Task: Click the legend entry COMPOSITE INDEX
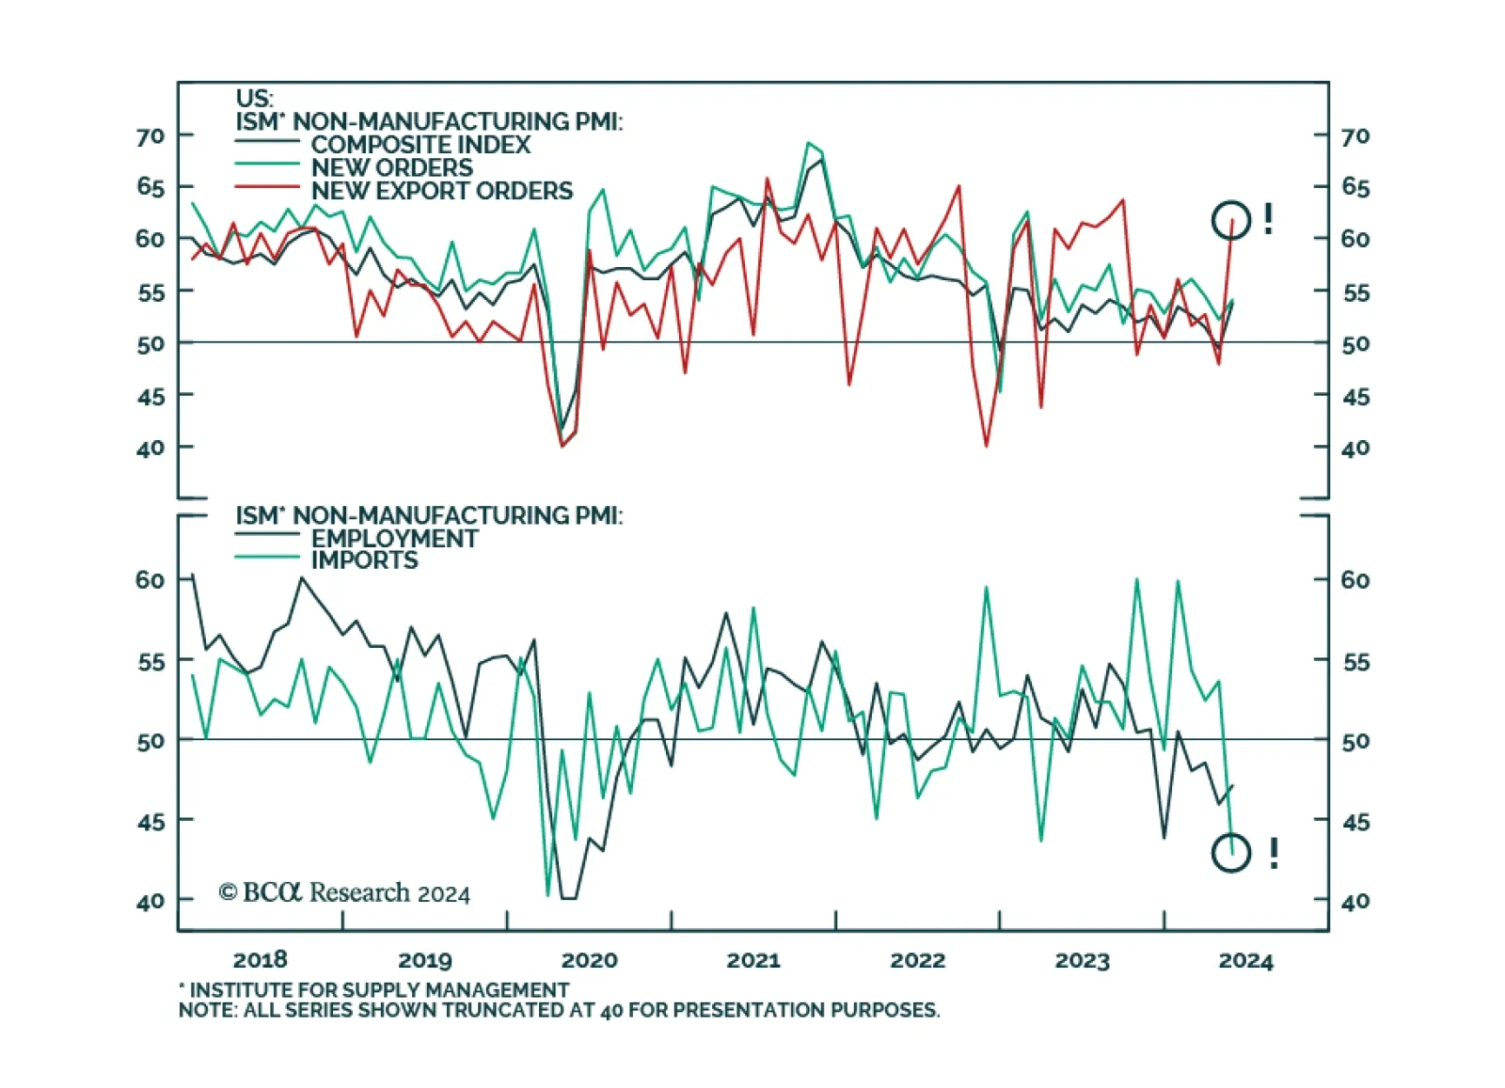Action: coord(420,145)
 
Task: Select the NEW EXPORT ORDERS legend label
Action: coord(441,191)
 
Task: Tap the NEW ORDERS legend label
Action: coord(391,167)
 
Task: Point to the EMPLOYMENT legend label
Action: coord(394,539)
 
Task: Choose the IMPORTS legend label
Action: coord(364,560)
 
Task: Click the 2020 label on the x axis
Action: coord(589,960)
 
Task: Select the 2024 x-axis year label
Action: coord(1245,960)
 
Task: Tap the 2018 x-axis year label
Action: coord(260,960)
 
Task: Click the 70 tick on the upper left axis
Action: coord(150,136)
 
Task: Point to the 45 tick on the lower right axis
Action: coord(1355,822)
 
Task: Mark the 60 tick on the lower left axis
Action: coord(150,580)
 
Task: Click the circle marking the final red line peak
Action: coord(1231,220)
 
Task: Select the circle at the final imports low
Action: coord(1231,853)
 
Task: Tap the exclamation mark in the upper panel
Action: coord(1269,220)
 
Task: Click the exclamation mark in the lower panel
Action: coord(1274,853)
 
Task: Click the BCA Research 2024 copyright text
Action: coord(344,892)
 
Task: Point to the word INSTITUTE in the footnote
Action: coord(236,990)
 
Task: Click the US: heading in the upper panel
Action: coord(254,99)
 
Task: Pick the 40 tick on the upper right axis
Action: coord(1355,449)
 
